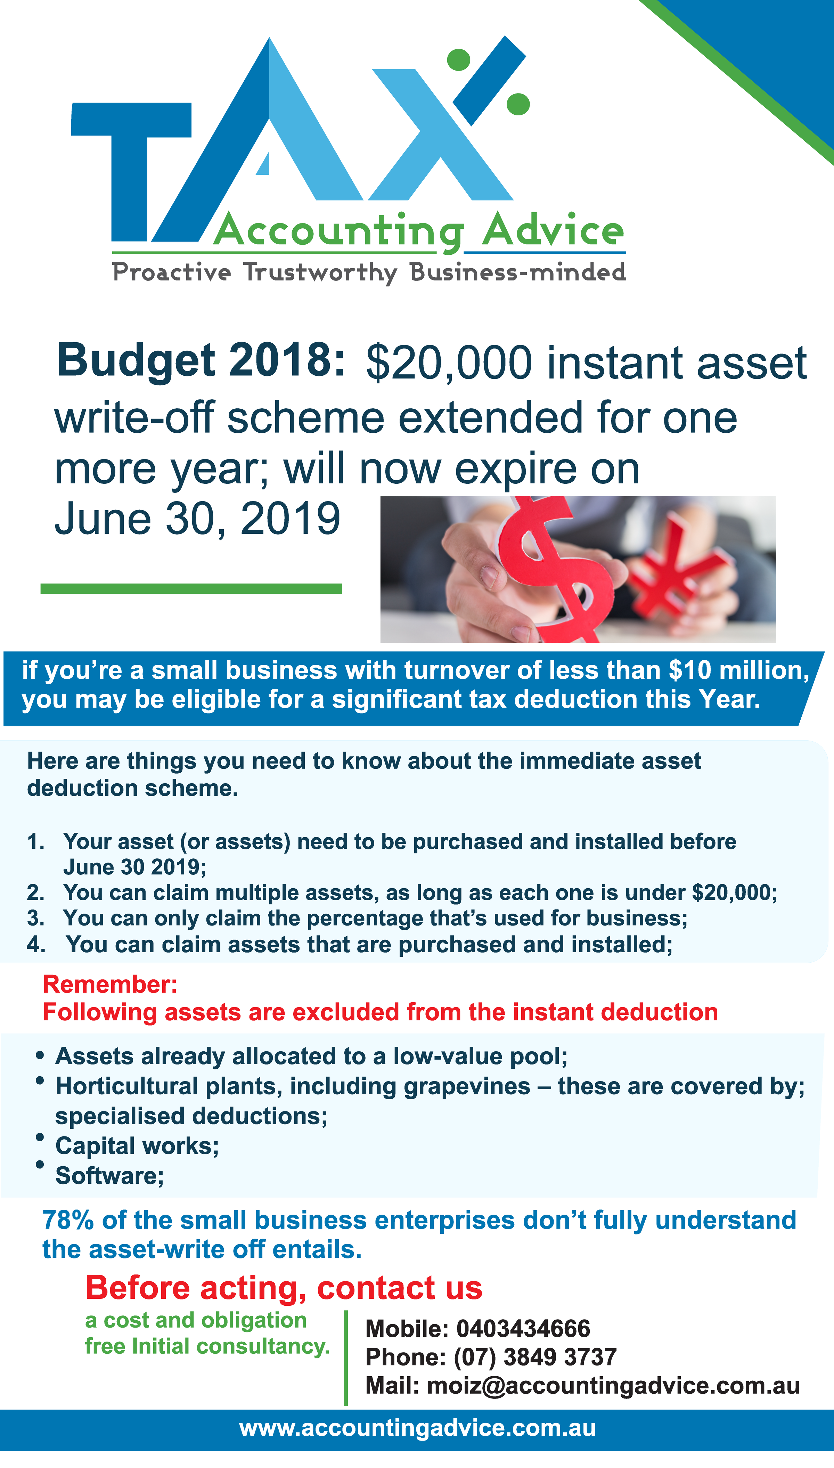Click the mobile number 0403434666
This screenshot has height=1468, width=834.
(523, 1329)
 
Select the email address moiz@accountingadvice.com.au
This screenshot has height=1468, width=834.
(613, 1386)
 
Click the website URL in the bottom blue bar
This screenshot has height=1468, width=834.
(418, 1428)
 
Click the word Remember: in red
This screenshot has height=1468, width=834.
(110, 985)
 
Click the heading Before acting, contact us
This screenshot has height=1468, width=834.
(284, 1288)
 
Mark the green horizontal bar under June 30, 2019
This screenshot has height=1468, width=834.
(191, 589)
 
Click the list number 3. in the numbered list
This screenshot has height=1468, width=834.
(35, 918)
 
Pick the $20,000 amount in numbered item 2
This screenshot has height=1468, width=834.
(734, 892)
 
